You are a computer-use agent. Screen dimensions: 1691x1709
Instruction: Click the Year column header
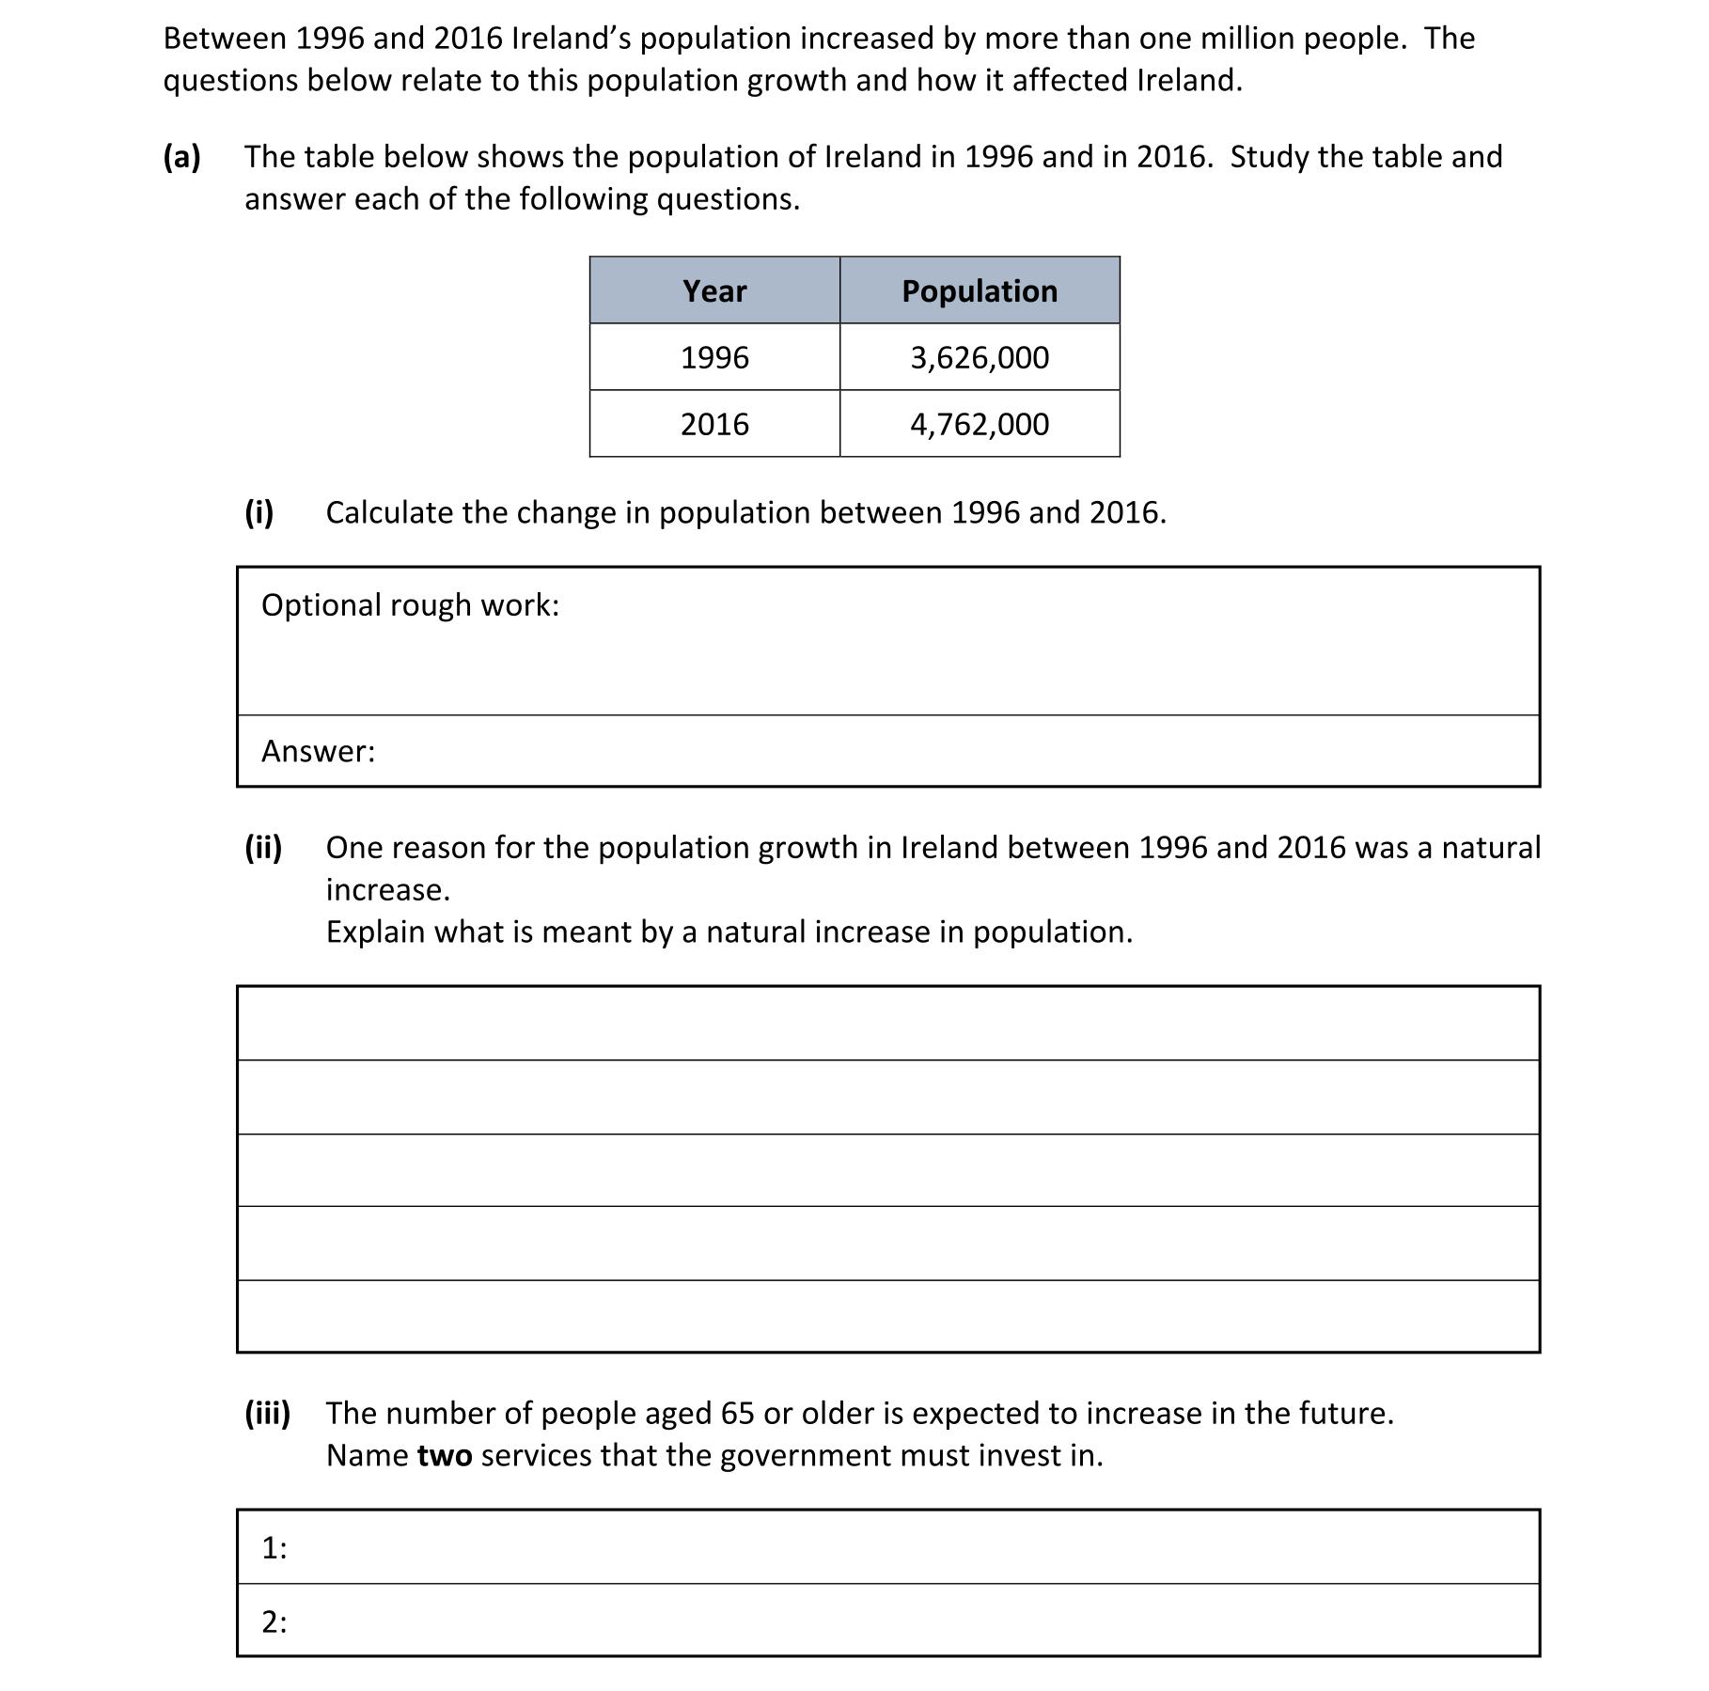pyautogui.click(x=714, y=290)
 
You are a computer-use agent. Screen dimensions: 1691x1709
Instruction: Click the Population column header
pyautogui.click(x=980, y=290)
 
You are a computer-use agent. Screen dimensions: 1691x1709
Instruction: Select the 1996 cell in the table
pyautogui.click(x=714, y=357)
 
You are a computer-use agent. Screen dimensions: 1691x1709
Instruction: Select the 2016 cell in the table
pyautogui.click(x=714, y=424)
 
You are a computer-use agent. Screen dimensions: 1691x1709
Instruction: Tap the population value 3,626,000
pyautogui.click(x=980, y=357)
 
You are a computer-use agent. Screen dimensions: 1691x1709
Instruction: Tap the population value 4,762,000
pyautogui.click(x=980, y=424)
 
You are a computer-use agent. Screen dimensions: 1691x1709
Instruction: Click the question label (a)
pyautogui.click(x=182, y=157)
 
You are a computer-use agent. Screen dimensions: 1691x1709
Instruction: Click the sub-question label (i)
pyautogui.click(x=259, y=512)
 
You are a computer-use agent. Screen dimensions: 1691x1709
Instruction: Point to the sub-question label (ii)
pyautogui.click(x=263, y=848)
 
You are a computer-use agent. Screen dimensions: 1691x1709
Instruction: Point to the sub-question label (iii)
pyautogui.click(x=267, y=1414)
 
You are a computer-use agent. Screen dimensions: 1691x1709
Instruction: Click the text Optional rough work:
pyautogui.click(x=410, y=605)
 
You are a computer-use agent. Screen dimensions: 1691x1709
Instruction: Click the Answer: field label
pyautogui.click(x=318, y=751)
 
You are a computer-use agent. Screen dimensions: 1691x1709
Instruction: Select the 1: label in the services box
pyautogui.click(x=274, y=1548)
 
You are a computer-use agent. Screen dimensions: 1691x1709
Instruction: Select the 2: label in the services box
pyautogui.click(x=274, y=1621)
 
